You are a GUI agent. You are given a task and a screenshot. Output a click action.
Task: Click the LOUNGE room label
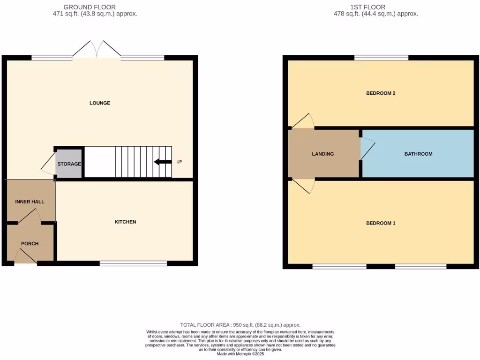[x=100, y=103]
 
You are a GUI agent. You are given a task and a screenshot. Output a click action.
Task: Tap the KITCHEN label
[x=126, y=222]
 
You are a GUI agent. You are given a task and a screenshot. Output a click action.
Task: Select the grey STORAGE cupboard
[x=69, y=164]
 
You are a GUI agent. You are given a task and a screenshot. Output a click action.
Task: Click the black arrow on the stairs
[x=163, y=162]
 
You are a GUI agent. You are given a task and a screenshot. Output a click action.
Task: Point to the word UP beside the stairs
[x=179, y=162]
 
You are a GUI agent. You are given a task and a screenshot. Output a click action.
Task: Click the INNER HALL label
[x=30, y=202]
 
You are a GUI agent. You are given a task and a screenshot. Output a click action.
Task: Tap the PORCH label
[x=30, y=244]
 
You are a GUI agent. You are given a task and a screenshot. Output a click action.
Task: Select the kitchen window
[x=134, y=263]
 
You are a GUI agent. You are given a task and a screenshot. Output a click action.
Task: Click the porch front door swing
[x=26, y=257]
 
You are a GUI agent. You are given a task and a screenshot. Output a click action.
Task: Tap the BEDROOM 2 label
[x=381, y=93]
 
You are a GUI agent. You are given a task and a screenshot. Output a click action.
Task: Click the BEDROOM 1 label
[x=381, y=223]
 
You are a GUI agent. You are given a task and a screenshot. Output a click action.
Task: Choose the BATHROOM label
[x=418, y=154]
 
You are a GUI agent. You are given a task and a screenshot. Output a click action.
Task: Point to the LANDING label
[x=323, y=154]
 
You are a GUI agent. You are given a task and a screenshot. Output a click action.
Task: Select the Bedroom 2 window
[x=381, y=58]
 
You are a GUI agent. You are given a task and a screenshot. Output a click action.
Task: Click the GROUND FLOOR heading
[x=90, y=7]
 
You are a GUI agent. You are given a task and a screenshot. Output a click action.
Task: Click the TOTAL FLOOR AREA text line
[x=240, y=325]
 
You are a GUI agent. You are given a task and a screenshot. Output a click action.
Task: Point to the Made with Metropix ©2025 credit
[x=240, y=354]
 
